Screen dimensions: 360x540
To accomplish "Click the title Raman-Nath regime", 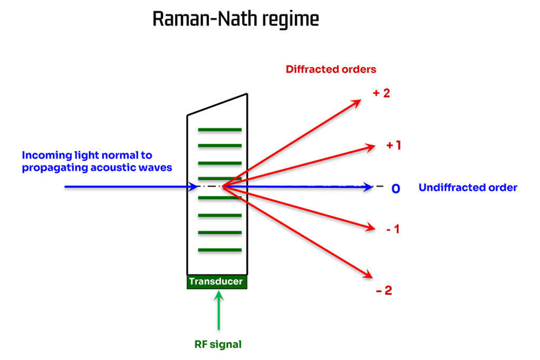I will (x=235, y=20).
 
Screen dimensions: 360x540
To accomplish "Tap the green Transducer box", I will (x=217, y=281).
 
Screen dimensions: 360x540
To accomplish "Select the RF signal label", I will (x=218, y=345).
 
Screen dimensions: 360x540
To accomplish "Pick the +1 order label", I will (x=393, y=145).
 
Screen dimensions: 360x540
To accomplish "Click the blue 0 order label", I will (x=395, y=188).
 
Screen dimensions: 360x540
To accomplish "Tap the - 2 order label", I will (x=384, y=290).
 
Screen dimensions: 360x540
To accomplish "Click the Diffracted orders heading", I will (x=331, y=69).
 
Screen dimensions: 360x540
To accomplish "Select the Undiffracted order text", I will (x=468, y=188).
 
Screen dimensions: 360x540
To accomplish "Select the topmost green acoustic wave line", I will (x=219, y=129).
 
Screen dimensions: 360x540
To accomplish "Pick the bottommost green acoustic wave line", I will (x=219, y=250).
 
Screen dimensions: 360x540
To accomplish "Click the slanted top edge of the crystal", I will (x=217, y=104).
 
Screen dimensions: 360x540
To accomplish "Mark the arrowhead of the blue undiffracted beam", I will (x=369, y=187).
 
